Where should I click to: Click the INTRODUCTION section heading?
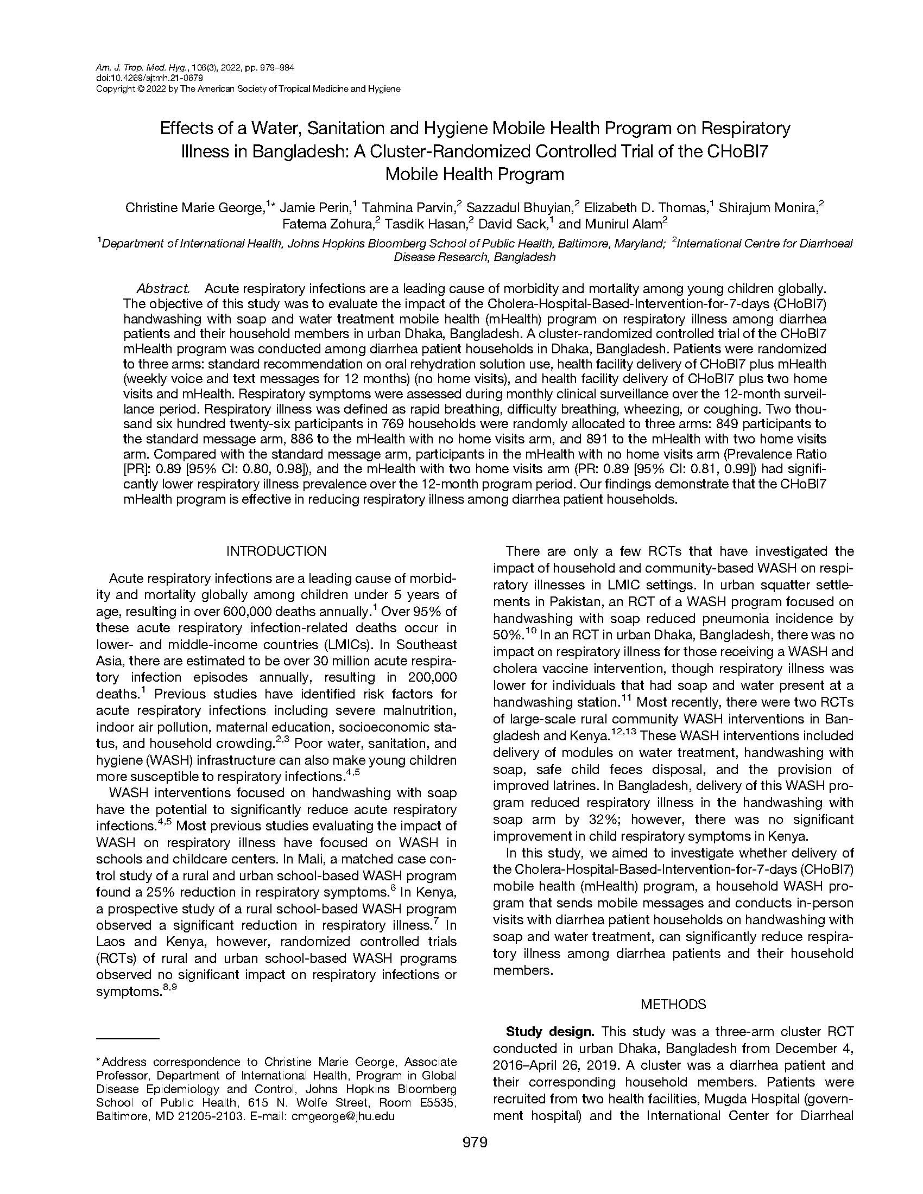(276, 551)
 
